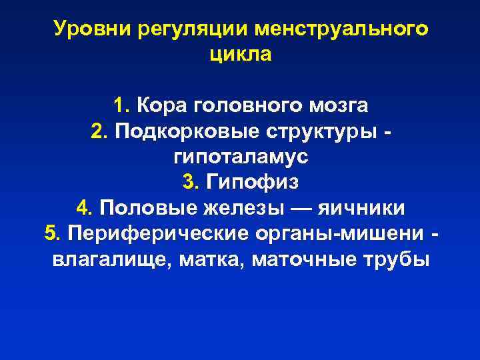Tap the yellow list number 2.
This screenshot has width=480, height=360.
click(x=98, y=131)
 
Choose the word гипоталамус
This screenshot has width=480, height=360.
click(x=240, y=157)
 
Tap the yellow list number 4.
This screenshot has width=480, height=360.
click(x=83, y=207)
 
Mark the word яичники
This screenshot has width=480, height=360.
click(x=361, y=207)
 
